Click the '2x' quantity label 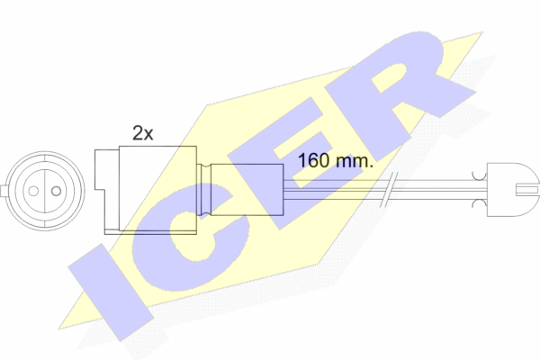142,133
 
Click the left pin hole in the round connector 32,189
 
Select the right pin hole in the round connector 51,189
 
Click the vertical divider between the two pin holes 42,189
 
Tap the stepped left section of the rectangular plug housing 101,189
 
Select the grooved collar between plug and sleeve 204,189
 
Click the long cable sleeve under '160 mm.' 247,189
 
